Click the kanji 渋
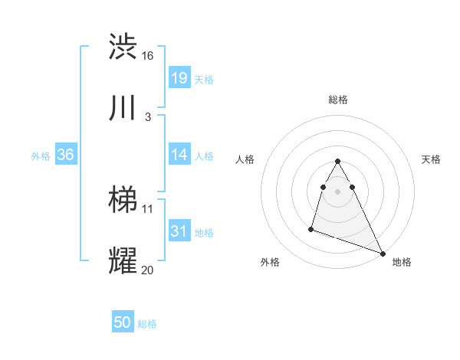(x=123, y=47)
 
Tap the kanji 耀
(x=123, y=261)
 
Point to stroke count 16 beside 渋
(x=147, y=56)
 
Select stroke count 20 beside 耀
(x=148, y=270)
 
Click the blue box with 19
(x=179, y=78)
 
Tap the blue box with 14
(x=179, y=155)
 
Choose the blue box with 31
(x=179, y=231)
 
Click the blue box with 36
(x=65, y=155)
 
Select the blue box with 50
(x=123, y=323)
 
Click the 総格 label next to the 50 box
(x=147, y=324)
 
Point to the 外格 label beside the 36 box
(x=41, y=155)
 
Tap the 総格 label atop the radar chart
(x=338, y=100)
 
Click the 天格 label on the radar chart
(x=432, y=159)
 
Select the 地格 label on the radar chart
(x=402, y=262)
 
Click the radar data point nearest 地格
(x=383, y=253)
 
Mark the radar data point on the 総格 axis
(x=337, y=161)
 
